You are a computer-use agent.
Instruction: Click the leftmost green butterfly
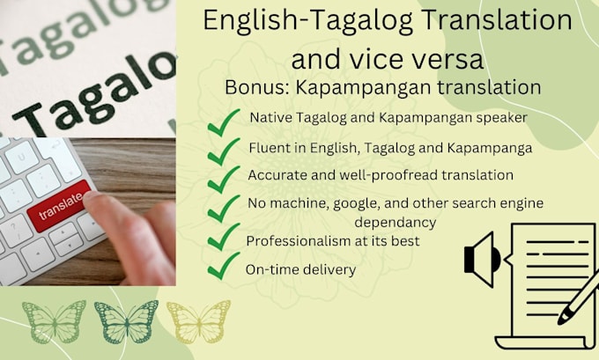pos(54,322)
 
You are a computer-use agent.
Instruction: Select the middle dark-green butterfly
pos(125,322)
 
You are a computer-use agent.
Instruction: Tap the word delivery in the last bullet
pos(329,269)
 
